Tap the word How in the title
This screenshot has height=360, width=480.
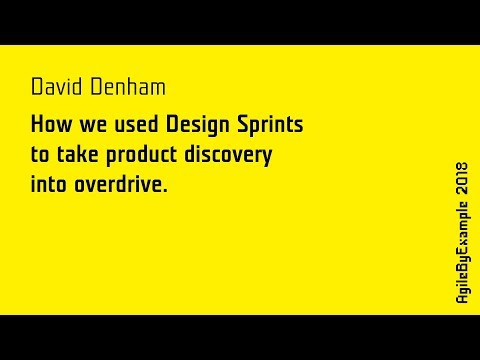tap(49, 127)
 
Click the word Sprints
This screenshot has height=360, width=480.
tap(268, 128)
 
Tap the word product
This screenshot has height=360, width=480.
tap(146, 157)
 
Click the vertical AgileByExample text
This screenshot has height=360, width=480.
tap(462, 250)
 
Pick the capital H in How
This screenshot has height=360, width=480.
tap(38, 127)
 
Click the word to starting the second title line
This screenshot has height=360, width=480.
tap(40, 156)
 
